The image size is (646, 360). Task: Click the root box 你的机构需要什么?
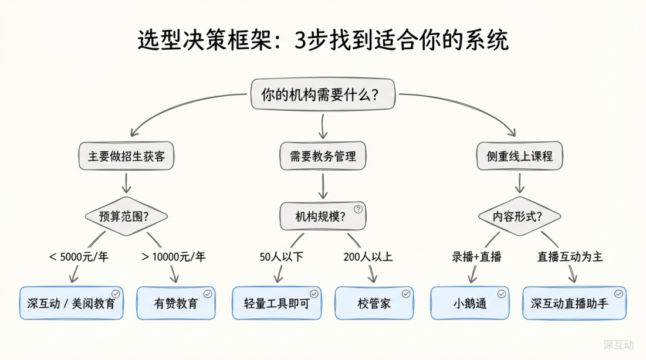323,94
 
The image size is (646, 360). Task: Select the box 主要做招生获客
127,157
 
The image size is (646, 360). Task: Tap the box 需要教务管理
323,157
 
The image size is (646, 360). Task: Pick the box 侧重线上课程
519,157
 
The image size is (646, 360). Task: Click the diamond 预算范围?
126,216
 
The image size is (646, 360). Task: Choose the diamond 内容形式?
518,216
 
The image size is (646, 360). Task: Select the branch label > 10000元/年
174,256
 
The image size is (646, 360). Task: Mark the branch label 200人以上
368,256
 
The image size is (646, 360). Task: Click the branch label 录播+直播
476,256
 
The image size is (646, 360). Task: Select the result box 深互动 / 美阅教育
72,303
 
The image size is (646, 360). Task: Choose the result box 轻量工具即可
276,303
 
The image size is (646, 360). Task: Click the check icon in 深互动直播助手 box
618,294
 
